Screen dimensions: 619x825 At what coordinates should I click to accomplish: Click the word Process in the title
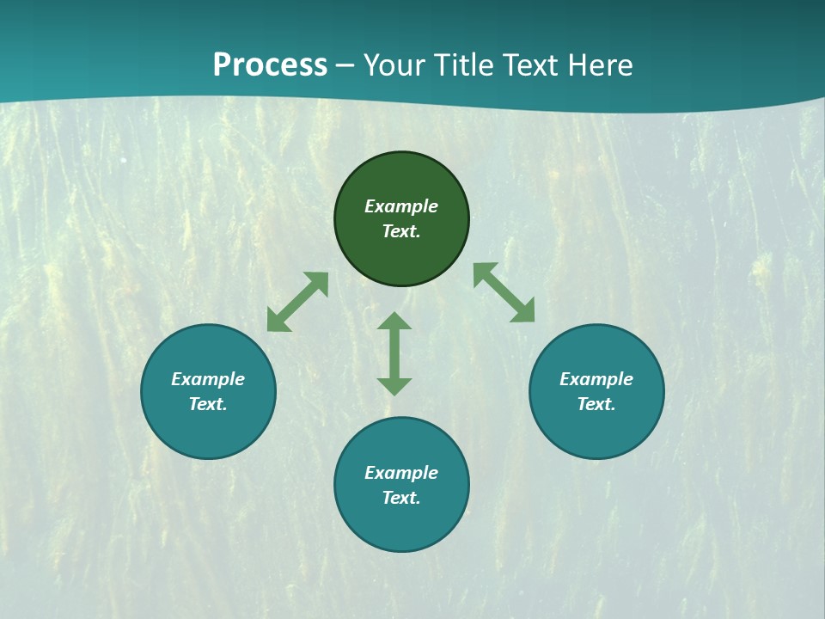(x=270, y=65)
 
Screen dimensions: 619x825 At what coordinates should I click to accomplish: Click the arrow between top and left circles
(x=297, y=302)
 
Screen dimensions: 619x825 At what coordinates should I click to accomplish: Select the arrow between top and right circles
(x=504, y=292)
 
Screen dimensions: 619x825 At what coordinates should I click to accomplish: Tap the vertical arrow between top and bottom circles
(x=394, y=353)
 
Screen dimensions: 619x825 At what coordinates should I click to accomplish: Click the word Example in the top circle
(x=401, y=206)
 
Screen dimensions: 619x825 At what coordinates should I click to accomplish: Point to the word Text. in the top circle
(x=401, y=231)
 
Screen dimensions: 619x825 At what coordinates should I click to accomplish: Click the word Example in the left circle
(x=208, y=379)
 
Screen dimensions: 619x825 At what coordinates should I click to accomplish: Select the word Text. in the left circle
(x=208, y=404)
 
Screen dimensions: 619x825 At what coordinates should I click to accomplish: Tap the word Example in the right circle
(x=596, y=379)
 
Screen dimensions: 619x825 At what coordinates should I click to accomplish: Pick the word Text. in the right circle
(x=596, y=404)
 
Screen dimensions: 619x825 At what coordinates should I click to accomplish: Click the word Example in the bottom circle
(x=401, y=473)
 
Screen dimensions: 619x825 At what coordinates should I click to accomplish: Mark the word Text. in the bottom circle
(x=401, y=498)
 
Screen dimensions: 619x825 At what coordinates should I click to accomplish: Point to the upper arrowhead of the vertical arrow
(x=394, y=322)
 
